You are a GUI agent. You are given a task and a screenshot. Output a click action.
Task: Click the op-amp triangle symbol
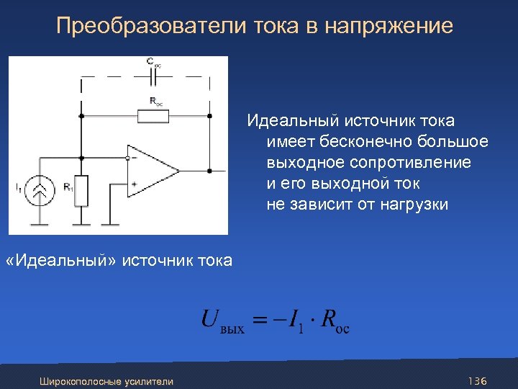153,171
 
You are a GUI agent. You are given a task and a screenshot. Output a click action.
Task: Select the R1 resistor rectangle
81,189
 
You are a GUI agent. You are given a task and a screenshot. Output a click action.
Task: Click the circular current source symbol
42,189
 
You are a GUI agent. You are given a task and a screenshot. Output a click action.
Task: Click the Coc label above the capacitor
154,63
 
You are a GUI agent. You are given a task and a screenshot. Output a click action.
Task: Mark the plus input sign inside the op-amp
134,184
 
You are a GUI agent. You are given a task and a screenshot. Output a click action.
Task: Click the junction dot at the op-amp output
209,171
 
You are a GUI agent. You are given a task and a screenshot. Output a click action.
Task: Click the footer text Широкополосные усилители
106,380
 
